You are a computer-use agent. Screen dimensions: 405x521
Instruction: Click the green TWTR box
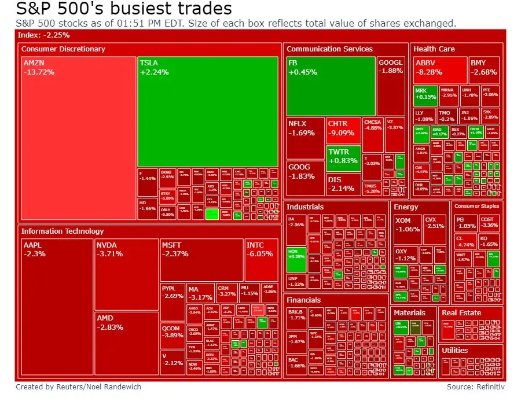pos(344,156)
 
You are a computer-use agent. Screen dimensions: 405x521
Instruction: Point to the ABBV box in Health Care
pos(440,69)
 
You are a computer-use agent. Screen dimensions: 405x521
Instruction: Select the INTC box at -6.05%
pos(261,260)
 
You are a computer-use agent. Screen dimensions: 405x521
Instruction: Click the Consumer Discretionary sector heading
pos(63,49)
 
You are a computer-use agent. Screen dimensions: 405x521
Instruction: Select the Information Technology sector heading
pos(63,231)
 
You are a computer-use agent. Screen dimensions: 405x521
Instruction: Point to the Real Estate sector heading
pos(461,312)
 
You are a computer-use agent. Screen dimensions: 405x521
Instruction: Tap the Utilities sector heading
pos(454,350)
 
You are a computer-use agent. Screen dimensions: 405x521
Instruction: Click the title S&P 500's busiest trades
pos(123,9)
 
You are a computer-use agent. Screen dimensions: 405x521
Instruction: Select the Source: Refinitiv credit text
pos(476,386)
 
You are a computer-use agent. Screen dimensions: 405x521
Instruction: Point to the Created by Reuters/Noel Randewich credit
pos(78,386)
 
